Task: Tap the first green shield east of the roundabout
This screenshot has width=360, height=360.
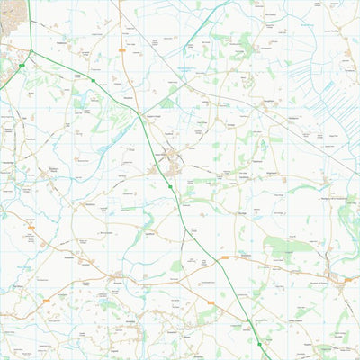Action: [93, 80]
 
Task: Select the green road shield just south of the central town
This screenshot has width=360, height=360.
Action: [170, 186]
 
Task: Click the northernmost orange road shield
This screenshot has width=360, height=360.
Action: [121, 50]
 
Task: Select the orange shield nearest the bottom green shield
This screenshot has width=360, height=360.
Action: [211, 302]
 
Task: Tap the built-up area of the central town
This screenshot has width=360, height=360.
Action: [171, 160]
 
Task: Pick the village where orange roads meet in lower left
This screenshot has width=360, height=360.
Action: [117, 276]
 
